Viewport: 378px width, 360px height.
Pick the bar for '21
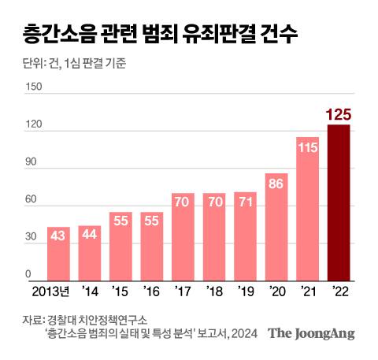coord(307,210)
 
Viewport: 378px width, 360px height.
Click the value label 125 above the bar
coord(339,116)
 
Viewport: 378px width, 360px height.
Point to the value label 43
coord(58,236)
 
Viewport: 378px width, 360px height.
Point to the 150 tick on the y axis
coord(34,87)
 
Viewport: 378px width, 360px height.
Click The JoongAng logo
coord(312,333)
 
